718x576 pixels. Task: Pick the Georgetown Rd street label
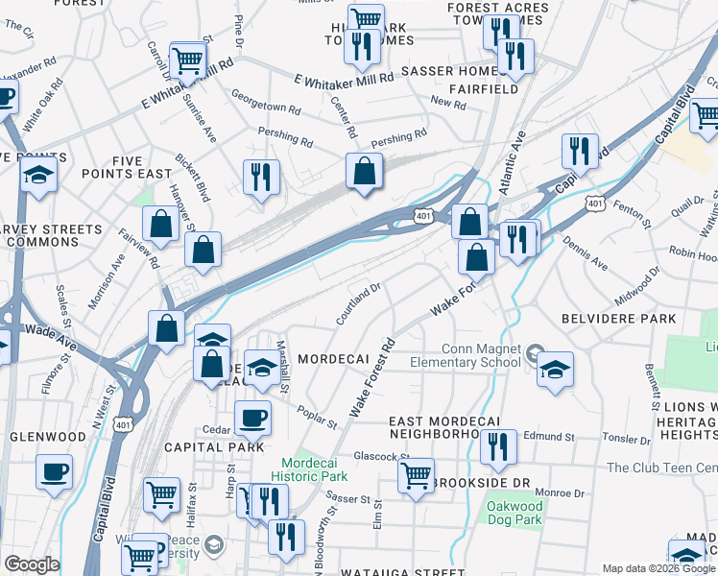click(x=266, y=104)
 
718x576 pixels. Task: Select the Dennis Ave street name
click(x=585, y=252)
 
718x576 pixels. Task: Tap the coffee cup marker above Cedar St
click(x=252, y=419)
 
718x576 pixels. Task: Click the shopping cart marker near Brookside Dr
click(x=416, y=475)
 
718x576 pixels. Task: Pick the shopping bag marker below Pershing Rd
click(x=365, y=172)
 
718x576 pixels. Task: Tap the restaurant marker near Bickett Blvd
click(x=261, y=177)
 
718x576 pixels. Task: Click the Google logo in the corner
click(x=32, y=564)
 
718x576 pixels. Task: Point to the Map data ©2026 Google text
click(x=658, y=568)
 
